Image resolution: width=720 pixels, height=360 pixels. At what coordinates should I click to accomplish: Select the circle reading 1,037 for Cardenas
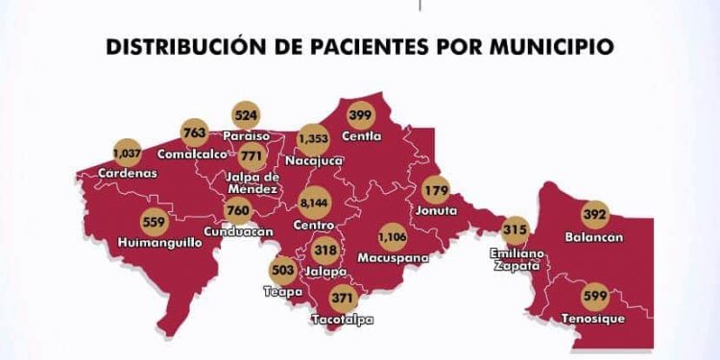pyautogui.click(x=126, y=153)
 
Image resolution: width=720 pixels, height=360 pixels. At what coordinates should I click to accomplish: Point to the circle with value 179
pyautogui.click(x=437, y=189)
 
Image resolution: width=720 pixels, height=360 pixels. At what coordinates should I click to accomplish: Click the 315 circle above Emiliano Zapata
pyautogui.click(x=516, y=231)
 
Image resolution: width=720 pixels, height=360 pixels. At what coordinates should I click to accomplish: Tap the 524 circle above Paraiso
pyautogui.click(x=247, y=115)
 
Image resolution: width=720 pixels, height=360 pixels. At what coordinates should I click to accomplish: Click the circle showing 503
pyautogui.click(x=282, y=271)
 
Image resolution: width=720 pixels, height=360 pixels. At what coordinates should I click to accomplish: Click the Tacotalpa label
pyautogui.click(x=343, y=319)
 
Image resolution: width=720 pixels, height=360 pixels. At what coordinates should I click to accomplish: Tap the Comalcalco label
pyautogui.click(x=196, y=154)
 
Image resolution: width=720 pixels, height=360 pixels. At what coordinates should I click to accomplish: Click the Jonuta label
pyautogui.click(x=437, y=210)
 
